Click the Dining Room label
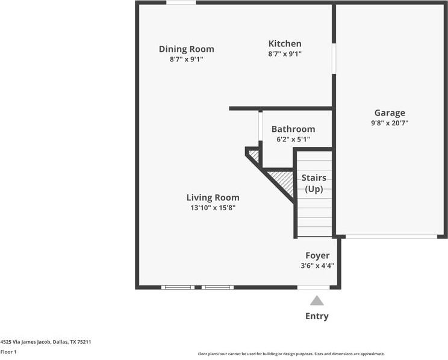click(186, 49)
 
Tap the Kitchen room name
click(285, 44)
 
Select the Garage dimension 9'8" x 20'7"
click(390, 123)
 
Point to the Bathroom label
click(293, 129)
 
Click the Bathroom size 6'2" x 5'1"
click(293, 140)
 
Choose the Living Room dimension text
click(213, 208)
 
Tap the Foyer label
click(317, 255)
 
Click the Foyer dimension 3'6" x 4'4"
click(317, 265)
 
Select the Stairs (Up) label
click(314, 184)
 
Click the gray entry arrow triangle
click(317, 301)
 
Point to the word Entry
click(317, 316)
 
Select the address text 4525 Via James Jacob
click(26, 342)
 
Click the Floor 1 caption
click(8, 352)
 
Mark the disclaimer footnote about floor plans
click(291, 354)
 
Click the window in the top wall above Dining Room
click(181, 2)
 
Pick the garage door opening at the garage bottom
click(391, 237)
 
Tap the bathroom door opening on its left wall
click(260, 126)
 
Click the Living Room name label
click(213, 197)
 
